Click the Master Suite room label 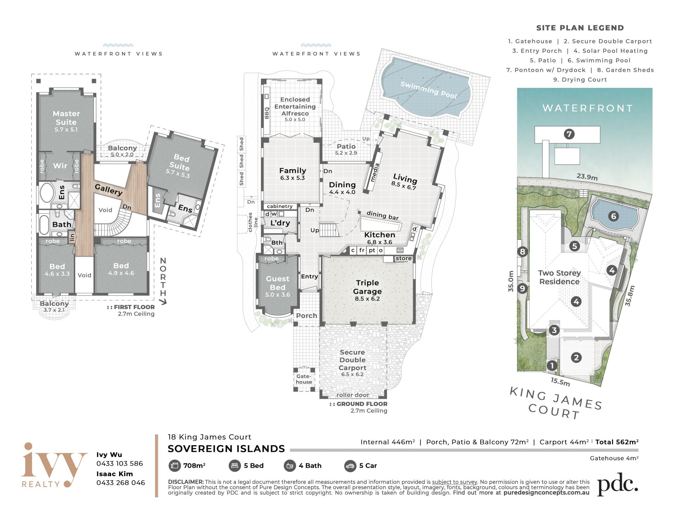point(66,118)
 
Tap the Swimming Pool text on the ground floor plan point(429,90)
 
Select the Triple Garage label point(367,287)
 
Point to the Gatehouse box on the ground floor point(304,379)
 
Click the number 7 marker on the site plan point(569,134)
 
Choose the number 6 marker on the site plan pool point(613,216)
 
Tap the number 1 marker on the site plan point(552,366)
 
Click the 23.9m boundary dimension point(587,177)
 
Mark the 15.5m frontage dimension point(560,382)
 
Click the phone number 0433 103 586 point(120,463)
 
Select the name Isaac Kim point(115,474)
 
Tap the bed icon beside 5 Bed point(234,466)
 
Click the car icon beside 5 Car point(350,466)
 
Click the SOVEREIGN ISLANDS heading point(226,449)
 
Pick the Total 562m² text point(617,442)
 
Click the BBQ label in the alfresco point(267,113)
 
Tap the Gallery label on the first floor point(109,190)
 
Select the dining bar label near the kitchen point(382,215)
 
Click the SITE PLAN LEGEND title point(580,28)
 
